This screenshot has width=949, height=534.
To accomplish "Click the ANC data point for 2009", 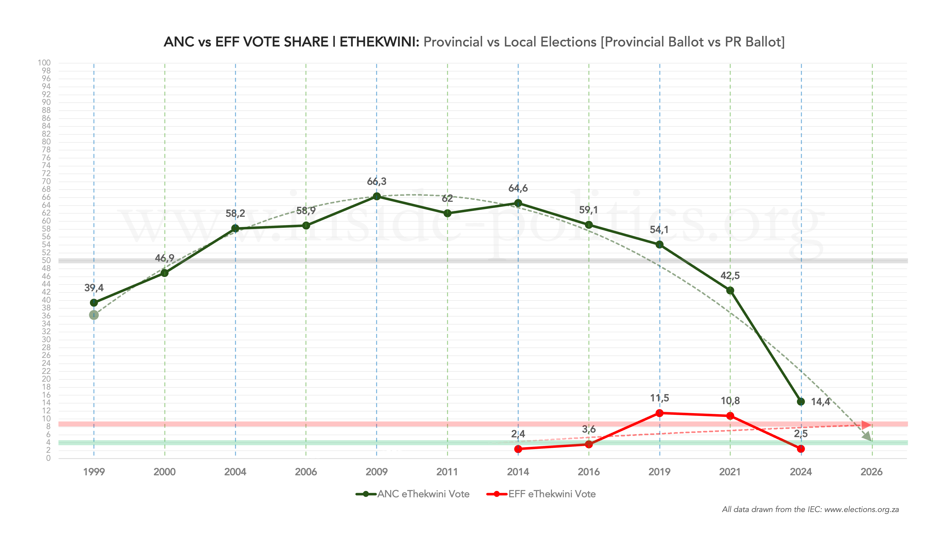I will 377,196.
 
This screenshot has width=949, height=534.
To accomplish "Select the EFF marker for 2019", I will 660,413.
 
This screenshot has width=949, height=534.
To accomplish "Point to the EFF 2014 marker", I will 518,449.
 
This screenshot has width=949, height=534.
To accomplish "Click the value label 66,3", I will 377,181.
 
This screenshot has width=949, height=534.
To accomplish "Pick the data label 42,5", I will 730,276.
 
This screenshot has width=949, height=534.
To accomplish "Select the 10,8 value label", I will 730,401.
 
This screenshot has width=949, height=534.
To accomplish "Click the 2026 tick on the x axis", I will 871,472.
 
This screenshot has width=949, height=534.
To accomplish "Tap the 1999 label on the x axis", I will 94,472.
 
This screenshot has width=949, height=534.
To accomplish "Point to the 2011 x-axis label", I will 447,472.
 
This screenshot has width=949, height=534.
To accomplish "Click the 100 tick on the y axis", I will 44,63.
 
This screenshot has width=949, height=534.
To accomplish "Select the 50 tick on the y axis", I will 46,260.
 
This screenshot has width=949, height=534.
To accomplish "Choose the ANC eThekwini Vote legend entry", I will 413,494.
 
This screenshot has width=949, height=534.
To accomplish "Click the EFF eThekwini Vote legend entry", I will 541,494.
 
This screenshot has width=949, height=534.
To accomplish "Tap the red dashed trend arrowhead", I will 867,425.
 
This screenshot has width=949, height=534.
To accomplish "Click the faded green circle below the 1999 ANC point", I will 94,315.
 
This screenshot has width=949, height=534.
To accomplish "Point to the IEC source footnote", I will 810,510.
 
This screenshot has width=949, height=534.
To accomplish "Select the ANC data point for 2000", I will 165,273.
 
